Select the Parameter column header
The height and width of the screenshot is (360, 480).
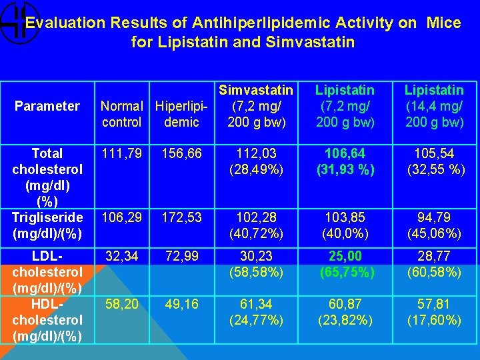pos(47,106)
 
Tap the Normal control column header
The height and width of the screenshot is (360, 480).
pos(121,114)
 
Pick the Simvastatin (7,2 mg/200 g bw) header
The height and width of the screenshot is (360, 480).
pos(255,106)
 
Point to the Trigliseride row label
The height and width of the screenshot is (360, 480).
pos(47,225)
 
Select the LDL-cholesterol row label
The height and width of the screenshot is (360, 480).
pos(47,271)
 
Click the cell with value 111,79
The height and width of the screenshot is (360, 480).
pos(121,154)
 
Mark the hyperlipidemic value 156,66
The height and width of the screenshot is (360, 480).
pos(181,154)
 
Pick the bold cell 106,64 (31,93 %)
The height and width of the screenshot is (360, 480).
pos(345,161)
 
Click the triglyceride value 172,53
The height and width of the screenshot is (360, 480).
pos(181,218)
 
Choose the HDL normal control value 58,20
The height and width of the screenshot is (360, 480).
pos(121,305)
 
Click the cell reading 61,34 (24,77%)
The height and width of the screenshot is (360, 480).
pos(255,312)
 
